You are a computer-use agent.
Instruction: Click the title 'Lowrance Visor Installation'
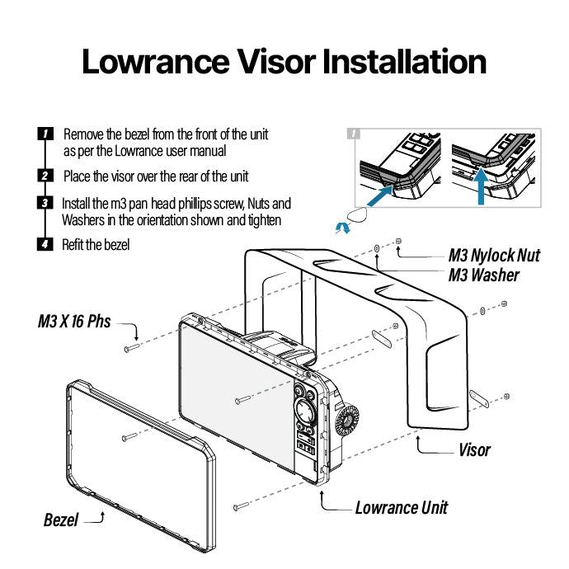284,62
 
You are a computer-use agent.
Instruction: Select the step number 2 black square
46,176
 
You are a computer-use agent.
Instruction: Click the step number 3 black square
46,203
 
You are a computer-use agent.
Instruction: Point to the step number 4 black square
46,245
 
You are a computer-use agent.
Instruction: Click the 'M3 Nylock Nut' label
494,255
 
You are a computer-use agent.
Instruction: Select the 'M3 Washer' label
483,275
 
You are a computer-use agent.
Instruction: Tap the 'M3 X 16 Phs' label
74,321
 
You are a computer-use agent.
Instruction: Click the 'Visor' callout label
474,450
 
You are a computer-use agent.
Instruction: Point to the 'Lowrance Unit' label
401,507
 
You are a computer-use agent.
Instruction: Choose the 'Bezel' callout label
61,520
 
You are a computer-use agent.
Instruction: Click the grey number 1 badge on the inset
355,134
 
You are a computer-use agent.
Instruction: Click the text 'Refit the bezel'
96,245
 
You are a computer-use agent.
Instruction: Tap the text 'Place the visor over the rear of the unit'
156,176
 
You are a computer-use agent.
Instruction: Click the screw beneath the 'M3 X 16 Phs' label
131,349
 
